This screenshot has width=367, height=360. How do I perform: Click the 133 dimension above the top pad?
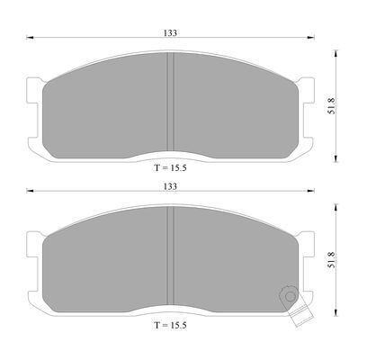[170, 32]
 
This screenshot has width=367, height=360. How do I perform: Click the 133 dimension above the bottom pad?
[170, 186]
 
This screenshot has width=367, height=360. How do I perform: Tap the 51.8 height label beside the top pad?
[332, 105]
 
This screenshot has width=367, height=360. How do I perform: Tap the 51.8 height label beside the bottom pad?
[332, 259]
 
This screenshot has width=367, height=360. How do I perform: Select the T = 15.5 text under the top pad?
[170, 167]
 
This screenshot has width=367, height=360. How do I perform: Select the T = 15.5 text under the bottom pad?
[170, 325]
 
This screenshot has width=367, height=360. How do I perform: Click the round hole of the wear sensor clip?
[290, 296]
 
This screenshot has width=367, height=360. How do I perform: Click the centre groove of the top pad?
[170, 102]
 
